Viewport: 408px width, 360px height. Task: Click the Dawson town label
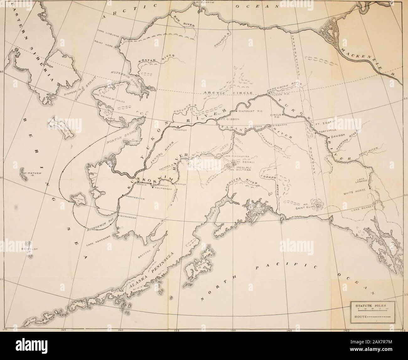point(338,137)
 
